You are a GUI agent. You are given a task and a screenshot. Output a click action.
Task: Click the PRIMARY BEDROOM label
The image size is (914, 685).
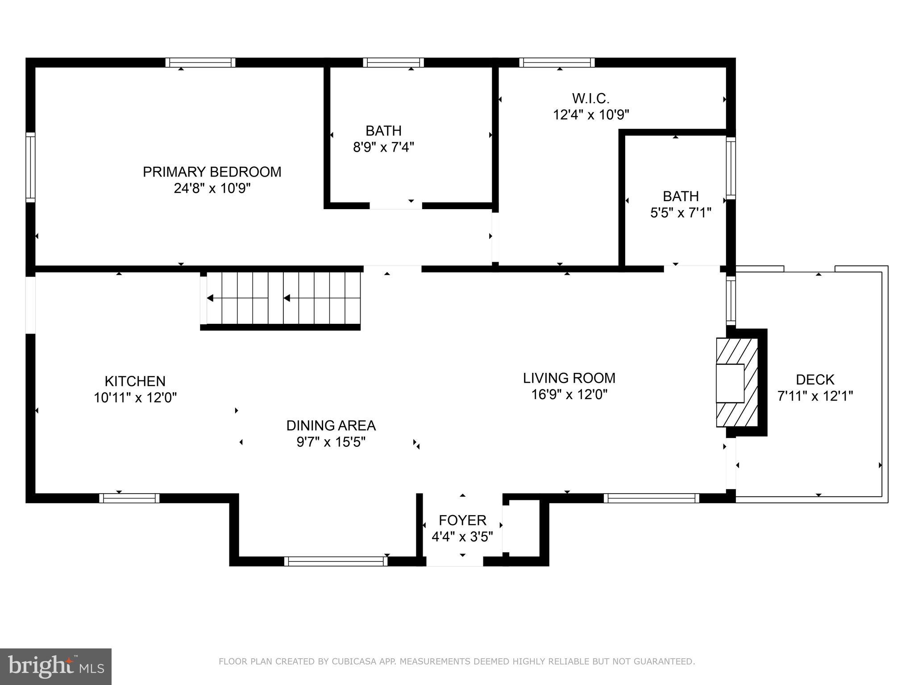(x=212, y=172)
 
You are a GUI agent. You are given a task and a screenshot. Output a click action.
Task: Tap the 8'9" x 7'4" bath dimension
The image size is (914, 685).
(x=383, y=147)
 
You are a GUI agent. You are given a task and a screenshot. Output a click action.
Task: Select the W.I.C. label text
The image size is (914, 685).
(x=590, y=98)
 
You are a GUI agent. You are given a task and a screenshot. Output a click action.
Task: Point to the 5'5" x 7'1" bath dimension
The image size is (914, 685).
(x=680, y=213)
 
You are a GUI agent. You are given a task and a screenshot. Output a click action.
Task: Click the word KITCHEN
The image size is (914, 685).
(x=135, y=381)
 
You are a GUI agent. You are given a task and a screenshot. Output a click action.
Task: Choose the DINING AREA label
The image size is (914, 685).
(x=331, y=425)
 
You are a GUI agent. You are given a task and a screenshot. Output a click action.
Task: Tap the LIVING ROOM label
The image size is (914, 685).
(x=569, y=378)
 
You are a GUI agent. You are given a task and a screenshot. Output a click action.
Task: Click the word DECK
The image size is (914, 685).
(x=815, y=380)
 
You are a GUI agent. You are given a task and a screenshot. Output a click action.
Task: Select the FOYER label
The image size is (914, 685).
(x=462, y=520)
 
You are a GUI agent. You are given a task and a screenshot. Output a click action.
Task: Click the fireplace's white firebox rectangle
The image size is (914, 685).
(x=730, y=383)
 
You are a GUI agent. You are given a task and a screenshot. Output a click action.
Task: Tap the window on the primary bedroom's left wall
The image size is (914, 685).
(x=30, y=167)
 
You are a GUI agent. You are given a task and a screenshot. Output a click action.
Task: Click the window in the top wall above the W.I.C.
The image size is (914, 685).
(x=557, y=62)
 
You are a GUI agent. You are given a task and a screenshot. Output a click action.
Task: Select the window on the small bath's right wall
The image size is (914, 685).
(x=731, y=168)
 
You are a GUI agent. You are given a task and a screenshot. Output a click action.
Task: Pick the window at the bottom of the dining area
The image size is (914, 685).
(x=336, y=561)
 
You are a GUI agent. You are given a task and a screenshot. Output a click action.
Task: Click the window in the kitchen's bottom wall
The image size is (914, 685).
(x=129, y=498)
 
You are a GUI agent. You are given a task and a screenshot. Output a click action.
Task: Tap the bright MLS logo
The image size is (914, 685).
(x=55, y=667)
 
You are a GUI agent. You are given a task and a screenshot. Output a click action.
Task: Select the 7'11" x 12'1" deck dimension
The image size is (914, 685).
(x=815, y=396)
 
